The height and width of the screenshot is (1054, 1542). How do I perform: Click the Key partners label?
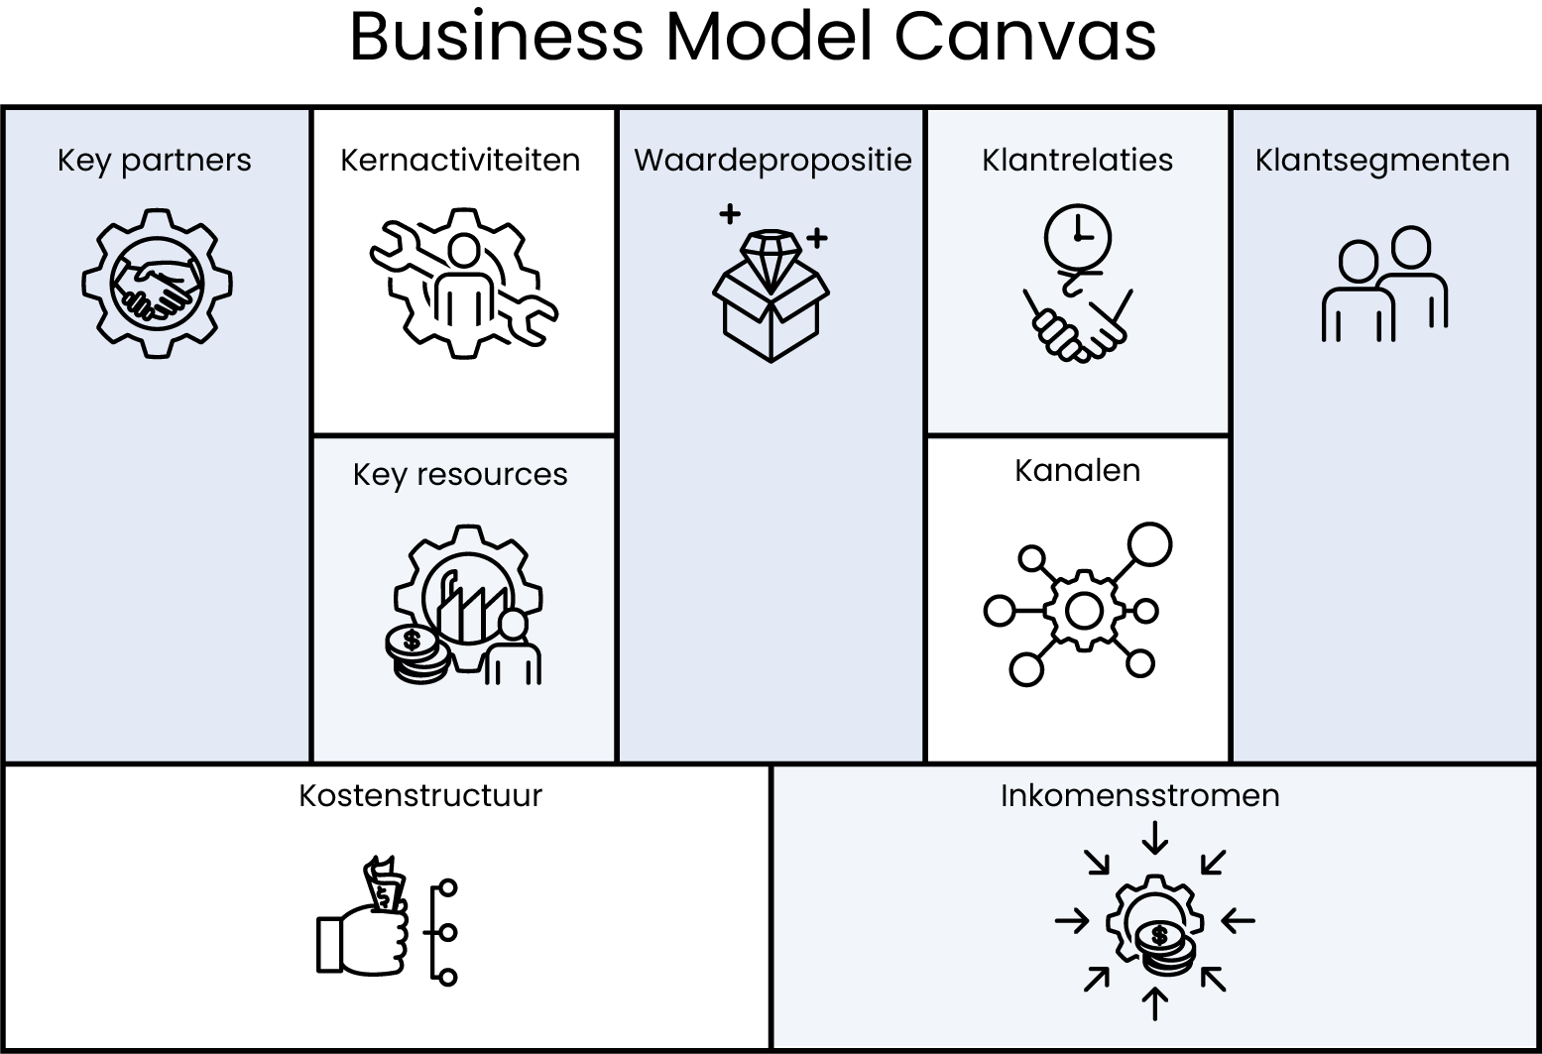[x=154, y=161]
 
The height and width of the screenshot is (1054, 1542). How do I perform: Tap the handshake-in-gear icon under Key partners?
[x=157, y=283]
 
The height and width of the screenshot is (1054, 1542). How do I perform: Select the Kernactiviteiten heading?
[x=460, y=161]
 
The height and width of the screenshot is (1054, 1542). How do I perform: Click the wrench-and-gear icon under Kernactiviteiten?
[x=463, y=283]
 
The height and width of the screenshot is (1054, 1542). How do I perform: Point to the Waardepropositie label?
[x=772, y=161]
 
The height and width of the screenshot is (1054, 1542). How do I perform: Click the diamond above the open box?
[x=771, y=253]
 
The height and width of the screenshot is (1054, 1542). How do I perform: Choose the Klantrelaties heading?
[x=1077, y=161]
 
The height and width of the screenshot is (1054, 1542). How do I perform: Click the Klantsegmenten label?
[x=1382, y=161]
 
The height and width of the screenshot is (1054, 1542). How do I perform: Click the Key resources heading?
[x=460, y=475]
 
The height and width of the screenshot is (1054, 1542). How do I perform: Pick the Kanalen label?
[x=1077, y=471]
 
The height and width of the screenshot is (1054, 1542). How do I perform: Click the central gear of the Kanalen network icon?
[x=1083, y=610]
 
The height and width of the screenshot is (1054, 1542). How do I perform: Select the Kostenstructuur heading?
[x=420, y=796]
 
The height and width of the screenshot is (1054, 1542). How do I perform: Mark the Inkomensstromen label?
[x=1139, y=796]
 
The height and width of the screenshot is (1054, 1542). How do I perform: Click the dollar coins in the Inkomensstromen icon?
[x=1162, y=944]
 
